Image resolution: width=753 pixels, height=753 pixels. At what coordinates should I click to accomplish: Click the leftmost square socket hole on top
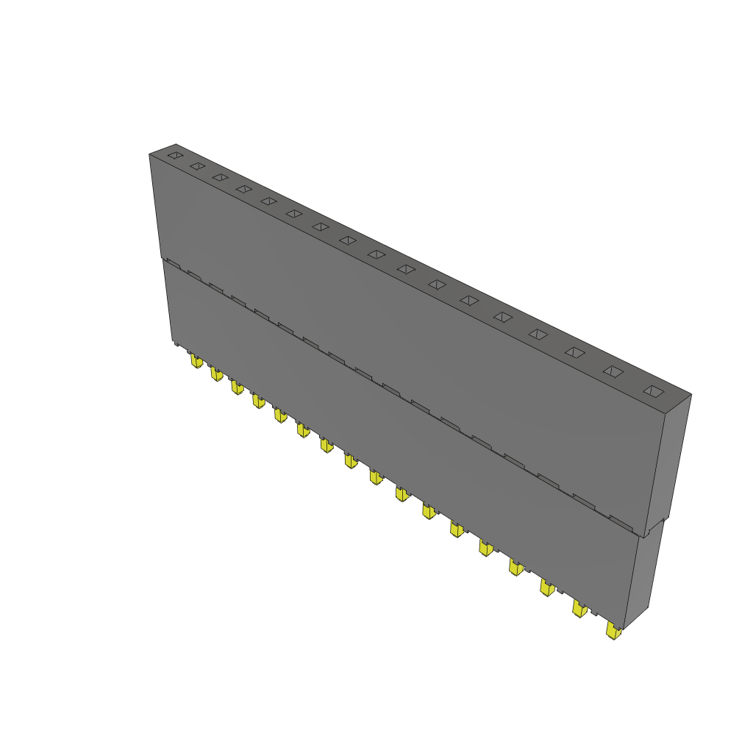point(174,155)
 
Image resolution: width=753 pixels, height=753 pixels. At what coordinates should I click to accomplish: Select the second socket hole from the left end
point(196,166)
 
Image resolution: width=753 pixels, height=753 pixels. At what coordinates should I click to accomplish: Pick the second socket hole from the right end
point(613,371)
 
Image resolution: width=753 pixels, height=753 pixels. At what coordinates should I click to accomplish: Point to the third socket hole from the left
point(220,177)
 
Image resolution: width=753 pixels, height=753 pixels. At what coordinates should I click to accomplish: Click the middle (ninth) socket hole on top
point(376,254)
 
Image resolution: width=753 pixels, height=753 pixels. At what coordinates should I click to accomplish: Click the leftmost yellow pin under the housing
point(196,361)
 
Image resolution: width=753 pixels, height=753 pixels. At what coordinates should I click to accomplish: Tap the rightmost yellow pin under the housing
point(613,631)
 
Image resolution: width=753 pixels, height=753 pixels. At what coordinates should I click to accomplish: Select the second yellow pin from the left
point(216,374)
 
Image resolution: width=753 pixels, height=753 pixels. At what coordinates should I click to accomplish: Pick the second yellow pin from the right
point(580,608)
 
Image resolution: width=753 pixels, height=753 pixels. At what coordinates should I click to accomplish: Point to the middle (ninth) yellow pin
point(376,477)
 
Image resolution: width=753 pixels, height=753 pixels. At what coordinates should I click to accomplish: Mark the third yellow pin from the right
point(547,587)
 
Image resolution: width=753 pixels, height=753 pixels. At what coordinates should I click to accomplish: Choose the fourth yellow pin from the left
point(257,401)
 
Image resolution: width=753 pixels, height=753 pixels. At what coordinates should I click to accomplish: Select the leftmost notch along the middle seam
point(172,261)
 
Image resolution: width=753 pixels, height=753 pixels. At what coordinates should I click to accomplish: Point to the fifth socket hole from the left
point(268,201)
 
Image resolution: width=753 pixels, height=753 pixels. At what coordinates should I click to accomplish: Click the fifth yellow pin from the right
point(485,547)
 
